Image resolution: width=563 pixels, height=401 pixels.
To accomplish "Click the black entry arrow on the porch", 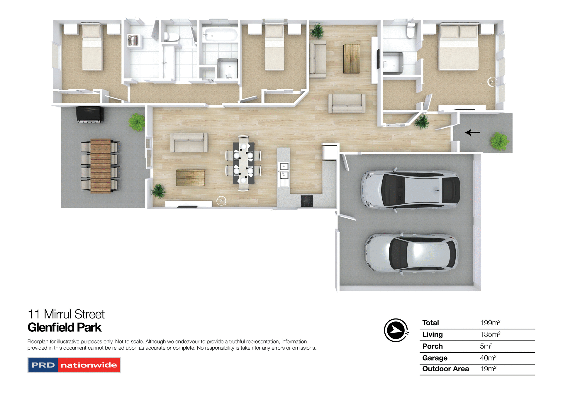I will tap(472, 133).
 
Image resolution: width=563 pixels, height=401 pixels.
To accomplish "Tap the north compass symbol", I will tap(396, 330).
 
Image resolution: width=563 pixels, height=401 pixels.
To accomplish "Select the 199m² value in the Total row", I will tap(490, 323).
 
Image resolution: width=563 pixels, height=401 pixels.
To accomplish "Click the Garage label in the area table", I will tap(435, 358).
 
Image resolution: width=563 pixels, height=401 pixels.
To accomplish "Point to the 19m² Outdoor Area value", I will tap(488, 369).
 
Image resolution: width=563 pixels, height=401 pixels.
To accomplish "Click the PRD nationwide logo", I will tap(74, 365).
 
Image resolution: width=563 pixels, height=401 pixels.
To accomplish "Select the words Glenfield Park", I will tap(65, 327).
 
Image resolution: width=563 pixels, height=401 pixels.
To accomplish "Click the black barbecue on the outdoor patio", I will tap(90, 114).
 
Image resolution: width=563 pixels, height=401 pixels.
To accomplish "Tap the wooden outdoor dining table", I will tap(101, 166).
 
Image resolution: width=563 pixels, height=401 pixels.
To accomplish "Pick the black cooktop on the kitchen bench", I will tap(307, 201).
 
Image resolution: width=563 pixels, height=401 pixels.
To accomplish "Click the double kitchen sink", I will tap(284, 171).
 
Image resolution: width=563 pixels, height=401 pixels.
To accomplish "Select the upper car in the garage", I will tap(410, 190).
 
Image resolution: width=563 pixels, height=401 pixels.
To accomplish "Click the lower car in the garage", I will tap(411, 253).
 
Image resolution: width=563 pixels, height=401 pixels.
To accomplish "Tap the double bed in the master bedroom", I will tap(459, 48).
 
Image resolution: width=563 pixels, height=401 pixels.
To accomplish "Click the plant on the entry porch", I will tap(500, 141).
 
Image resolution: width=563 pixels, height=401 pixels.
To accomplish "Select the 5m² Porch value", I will tap(486, 346).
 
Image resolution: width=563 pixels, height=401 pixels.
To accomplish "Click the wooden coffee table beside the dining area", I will tap(190, 178).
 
